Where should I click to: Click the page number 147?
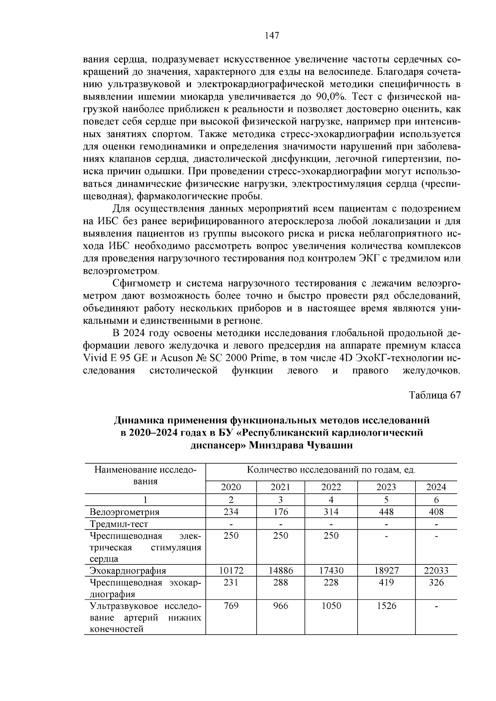[x=272, y=36]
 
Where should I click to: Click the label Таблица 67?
[x=434, y=395]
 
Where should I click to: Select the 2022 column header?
[x=331, y=487]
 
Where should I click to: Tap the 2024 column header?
[x=436, y=487]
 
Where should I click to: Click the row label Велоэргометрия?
[x=124, y=512]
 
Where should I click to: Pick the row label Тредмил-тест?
[x=119, y=524]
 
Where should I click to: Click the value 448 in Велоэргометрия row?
[x=386, y=512]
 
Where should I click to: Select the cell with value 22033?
[x=436, y=571]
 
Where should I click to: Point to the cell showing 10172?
[x=231, y=571]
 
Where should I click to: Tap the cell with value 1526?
[x=386, y=606]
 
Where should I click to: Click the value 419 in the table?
[x=386, y=583]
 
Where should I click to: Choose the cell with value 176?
[x=280, y=512]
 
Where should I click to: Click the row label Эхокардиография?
[x=128, y=571]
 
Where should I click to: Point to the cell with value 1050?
[x=331, y=606]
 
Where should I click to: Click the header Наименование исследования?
[x=145, y=475]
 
